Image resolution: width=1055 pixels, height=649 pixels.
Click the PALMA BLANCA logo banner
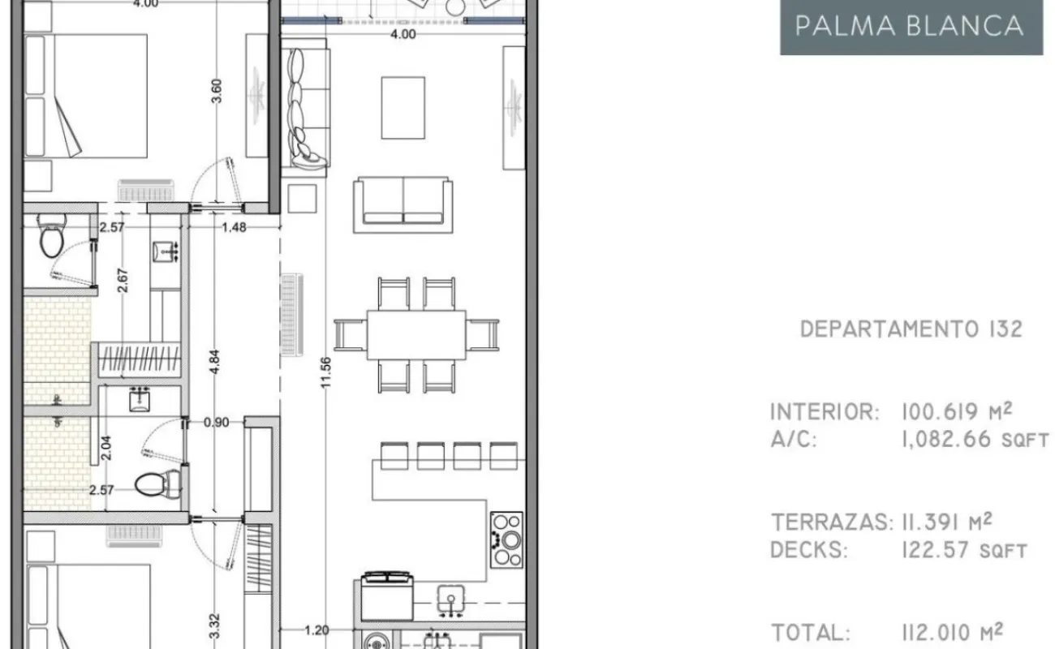click(911, 27)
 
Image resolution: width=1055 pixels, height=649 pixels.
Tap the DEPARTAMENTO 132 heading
click(911, 329)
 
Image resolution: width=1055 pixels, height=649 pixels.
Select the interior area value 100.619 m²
click(957, 411)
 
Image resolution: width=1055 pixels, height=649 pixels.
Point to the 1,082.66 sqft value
click(975, 440)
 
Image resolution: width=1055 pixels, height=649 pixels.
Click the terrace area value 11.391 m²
click(947, 522)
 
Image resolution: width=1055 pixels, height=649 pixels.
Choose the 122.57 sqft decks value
click(965, 550)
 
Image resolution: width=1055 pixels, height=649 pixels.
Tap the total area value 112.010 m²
click(952, 632)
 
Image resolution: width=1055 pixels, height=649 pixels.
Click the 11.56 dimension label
click(325, 372)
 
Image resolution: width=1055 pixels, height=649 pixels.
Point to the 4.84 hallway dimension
click(214, 362)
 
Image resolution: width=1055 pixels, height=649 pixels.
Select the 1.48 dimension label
click(234, 227)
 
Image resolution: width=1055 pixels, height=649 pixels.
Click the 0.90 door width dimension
click(216, 422)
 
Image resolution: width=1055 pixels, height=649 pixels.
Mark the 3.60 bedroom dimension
click(216, 92)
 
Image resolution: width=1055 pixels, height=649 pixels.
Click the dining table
click(416, 335)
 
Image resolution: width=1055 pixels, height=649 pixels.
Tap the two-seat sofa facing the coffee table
click(403, 205)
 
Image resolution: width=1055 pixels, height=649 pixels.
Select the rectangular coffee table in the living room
click(403, 108)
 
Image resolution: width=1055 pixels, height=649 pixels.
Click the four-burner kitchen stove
click(506, 539)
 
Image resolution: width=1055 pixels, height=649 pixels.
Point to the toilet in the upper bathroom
click(52, 235)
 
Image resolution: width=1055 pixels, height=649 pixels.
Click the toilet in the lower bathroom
click(157, 484)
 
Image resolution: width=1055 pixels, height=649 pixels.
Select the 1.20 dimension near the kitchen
click(316, 630)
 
